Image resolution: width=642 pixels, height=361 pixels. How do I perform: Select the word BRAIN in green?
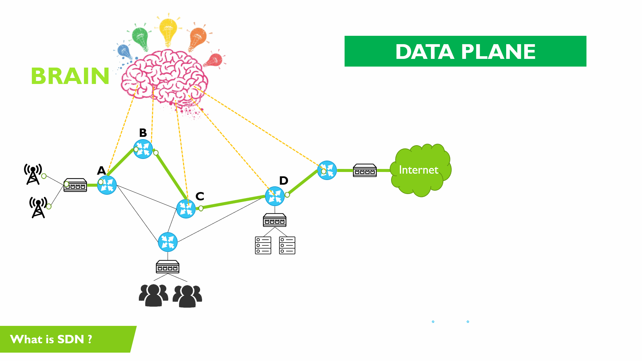tap(70, 76)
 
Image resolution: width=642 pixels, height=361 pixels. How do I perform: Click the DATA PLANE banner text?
tap(465, 52)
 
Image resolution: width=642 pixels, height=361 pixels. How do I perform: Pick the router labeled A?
tap(107, 185)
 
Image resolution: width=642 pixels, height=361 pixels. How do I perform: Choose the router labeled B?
tap(143, 149)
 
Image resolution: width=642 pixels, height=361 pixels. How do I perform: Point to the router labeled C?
tap(186, 208)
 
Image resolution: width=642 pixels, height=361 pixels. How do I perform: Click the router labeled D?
tap(275, 196)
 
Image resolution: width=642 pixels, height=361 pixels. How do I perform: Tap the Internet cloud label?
tap(419, 170)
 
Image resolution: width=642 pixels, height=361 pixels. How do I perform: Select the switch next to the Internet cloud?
tap(365, 170)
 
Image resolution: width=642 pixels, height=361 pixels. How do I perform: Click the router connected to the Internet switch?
tap(327, 170)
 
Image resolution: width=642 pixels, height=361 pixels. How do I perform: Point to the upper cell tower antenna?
tap(33, 174)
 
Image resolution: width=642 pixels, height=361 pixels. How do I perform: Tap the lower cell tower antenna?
tap(38, 207)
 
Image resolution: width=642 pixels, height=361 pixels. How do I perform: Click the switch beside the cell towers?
tap(75, 185)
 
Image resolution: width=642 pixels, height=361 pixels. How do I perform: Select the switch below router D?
tap(275, 220)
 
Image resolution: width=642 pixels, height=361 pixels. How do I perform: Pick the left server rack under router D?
tap(263, 245)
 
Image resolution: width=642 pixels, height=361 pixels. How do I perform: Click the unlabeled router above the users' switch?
tap(168, 242)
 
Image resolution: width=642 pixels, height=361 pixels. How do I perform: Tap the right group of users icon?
tap(187, 296)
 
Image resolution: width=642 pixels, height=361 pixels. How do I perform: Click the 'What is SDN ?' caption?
tap(51, 339)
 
